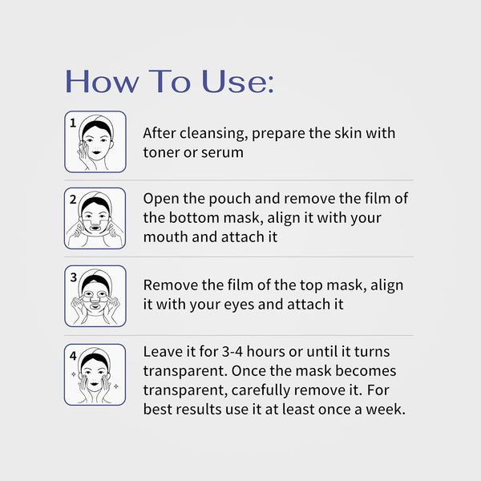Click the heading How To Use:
tap(169, 82)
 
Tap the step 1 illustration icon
tap(95, 142)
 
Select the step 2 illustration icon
tap(95, 218)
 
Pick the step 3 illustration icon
tap(95, 296)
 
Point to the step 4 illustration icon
tap(95, 374)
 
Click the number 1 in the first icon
tap(72, 123)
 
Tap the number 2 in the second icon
tap(72, 200)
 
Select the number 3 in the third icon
tap(72, 277)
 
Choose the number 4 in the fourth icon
tap(72, 355)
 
